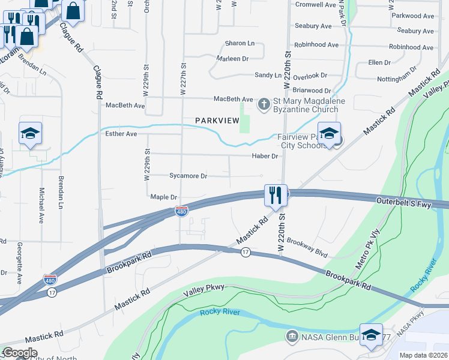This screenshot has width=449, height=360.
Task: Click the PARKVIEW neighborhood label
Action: (x=217, y=121)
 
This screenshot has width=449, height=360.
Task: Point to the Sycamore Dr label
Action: (x=188, y=176)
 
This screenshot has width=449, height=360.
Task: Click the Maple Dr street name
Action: (x=164, y=197)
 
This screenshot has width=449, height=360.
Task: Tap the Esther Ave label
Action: (x=121, y=134)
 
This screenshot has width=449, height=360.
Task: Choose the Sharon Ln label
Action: (x=240, y=44)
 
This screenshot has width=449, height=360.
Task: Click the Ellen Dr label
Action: (x=379, y=62)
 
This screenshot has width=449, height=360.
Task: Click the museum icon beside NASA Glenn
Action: (x=292, y=335)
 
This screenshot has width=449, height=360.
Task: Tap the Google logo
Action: (x=20, y=353)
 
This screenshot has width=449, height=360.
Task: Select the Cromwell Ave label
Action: (x=316, y=5)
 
